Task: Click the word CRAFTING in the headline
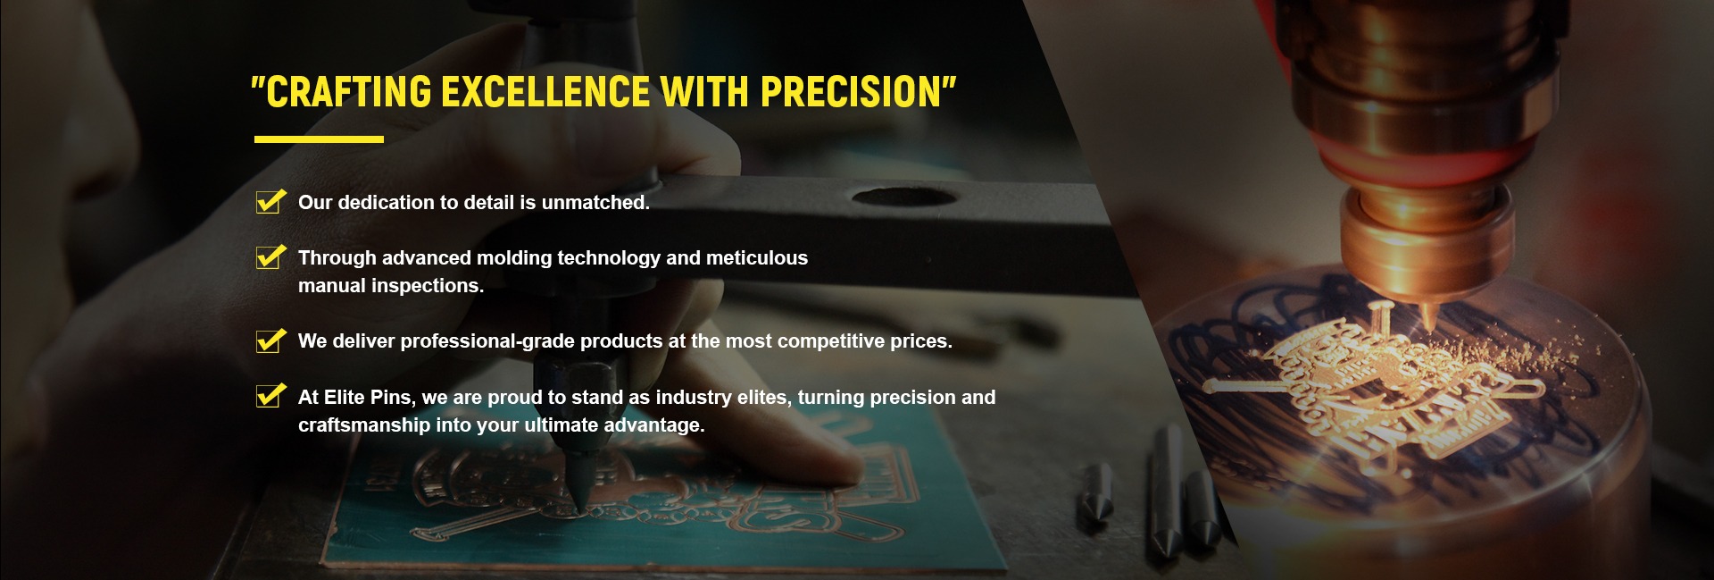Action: click(347, 92)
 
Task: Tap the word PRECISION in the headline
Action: click(852, 92)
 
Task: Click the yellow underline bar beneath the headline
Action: click(319, 139)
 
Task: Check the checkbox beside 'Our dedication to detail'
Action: click(270, 202)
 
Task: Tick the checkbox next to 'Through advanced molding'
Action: click(270, 257)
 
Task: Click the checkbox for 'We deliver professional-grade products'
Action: click(270, 340)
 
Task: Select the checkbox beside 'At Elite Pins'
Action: click(270, 396)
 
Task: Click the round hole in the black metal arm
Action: click(903, 196)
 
